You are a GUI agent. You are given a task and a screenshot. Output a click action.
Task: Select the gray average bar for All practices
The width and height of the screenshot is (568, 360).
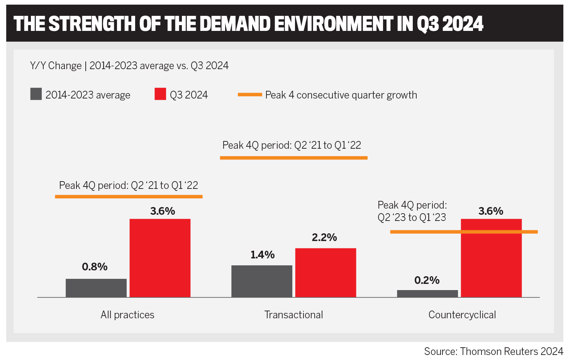point(96,288)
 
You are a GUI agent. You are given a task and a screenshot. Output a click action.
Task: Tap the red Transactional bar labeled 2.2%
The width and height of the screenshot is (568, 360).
point(326,272)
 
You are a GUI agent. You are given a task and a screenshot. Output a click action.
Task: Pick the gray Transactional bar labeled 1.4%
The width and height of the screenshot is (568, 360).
point(262,281)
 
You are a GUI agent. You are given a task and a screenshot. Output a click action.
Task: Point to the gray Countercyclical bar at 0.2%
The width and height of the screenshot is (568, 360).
point(427,294)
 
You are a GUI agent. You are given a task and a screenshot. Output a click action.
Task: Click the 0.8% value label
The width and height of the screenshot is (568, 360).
point(95,267)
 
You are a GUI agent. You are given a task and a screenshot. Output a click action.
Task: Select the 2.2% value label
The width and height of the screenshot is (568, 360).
point(324,237)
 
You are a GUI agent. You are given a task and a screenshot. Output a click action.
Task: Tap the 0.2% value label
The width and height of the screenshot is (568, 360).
point(427,280)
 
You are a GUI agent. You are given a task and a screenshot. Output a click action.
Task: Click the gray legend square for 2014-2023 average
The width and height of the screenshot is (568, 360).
point(36,94)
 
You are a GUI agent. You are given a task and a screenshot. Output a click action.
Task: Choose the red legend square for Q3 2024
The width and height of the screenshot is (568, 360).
point(160,94)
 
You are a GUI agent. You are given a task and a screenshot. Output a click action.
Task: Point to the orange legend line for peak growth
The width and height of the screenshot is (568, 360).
point(250,95)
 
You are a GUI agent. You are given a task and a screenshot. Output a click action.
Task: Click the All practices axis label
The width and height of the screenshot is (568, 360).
point(127,315)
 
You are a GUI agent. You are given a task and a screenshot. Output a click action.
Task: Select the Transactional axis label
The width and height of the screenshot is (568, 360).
point(293,315)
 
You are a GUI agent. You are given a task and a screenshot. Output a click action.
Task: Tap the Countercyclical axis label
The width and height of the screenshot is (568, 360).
point(462,315)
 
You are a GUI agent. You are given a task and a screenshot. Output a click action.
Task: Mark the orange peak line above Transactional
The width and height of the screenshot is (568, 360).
point(293,158)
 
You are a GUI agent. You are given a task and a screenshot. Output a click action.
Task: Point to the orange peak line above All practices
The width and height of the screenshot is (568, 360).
point(129,197)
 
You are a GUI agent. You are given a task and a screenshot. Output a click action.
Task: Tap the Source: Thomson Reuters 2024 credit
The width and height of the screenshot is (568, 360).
point(493,351)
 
